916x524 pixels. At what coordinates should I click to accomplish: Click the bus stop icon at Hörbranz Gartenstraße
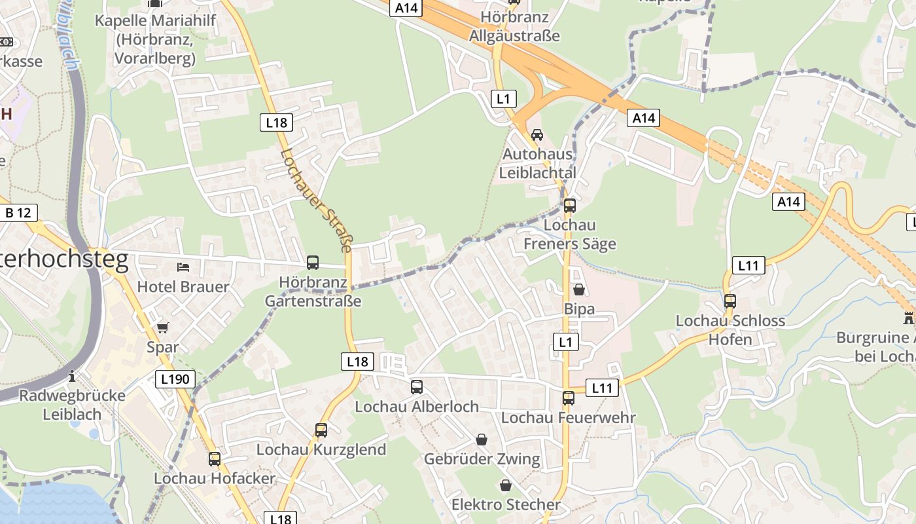(313, 263)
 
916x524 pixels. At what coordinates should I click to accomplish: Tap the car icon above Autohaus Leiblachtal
(537, 135)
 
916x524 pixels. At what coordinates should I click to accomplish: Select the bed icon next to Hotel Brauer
(183, 267)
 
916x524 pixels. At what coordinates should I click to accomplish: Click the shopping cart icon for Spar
(162, 327)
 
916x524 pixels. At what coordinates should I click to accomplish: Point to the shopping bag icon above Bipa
(579, 289)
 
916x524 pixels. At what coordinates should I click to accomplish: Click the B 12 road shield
(18, 213)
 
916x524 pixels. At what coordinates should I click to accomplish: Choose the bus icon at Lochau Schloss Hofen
(730, 301)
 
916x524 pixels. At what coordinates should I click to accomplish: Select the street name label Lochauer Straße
(317, 200)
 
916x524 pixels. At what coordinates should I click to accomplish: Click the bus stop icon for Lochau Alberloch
(417, 387)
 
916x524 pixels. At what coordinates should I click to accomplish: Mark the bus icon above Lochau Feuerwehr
(569, 398)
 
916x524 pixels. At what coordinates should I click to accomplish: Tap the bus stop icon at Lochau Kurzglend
(321, 430)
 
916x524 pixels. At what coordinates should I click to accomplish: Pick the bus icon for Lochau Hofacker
(215, 458)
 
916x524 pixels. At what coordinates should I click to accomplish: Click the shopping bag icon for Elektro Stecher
(506, 485)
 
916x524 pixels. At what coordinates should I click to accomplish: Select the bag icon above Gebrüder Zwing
(482, 439)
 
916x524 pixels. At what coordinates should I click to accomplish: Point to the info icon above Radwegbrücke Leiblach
(72, 376)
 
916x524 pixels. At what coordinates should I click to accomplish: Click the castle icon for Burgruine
(908, 318)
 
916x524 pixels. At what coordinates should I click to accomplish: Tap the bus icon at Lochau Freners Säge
(570, 205)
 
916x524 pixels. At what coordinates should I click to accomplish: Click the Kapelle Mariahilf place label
(154, 39)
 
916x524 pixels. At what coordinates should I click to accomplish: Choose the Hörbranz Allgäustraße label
(514, 26)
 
